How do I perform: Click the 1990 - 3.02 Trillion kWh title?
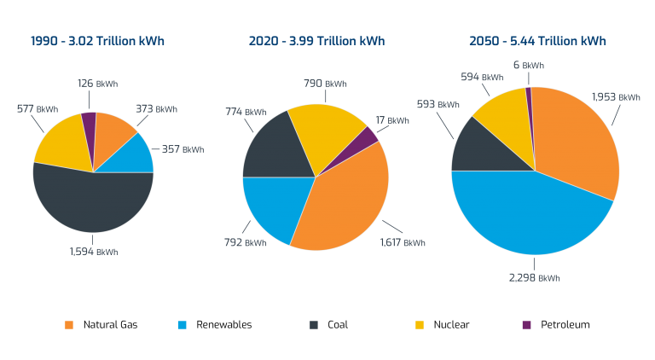tap(97, 41)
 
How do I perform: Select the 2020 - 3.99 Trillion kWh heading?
tap(316, 41)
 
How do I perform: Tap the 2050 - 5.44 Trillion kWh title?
tap(537, 41)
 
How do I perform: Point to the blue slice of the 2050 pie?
tap(520, 213)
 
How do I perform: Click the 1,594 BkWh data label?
tap(93, 252)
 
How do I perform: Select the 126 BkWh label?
tap(94, 84)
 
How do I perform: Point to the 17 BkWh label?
tap(391, 121)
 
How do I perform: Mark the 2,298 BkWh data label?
tap(536, 278)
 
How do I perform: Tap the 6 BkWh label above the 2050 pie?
tap(528, 66)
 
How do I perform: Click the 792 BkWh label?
tap(245, 243)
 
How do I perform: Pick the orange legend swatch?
tap(69, 325)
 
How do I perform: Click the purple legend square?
tap(526, 325)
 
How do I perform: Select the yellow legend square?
tap(420, 325)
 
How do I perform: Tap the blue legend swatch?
tap(182, 325)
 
